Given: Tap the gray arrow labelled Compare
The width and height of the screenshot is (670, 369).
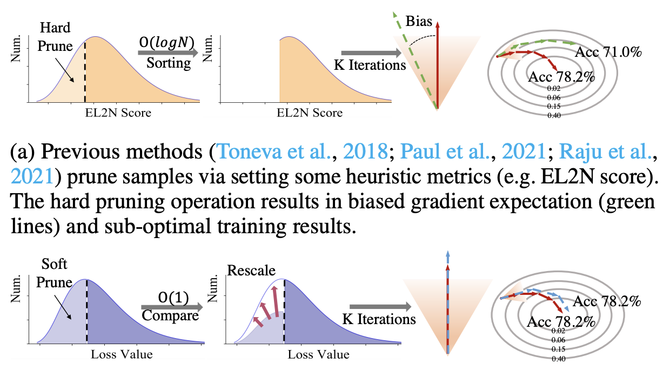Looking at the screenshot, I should (x=171, y=307).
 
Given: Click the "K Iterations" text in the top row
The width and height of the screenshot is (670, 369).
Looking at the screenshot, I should (x=370, y=65).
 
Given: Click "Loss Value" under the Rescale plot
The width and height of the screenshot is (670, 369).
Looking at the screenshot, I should (x=318, y=355).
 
